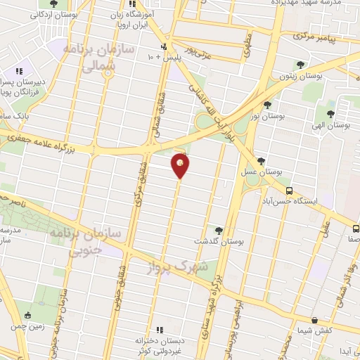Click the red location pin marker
181,166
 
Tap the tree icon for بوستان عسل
261,161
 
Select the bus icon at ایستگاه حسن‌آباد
288,190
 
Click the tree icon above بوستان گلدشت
218,230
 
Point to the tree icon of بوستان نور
267,105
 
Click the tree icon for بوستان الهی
330,113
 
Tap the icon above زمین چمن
27,315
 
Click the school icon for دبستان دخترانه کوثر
159,330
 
